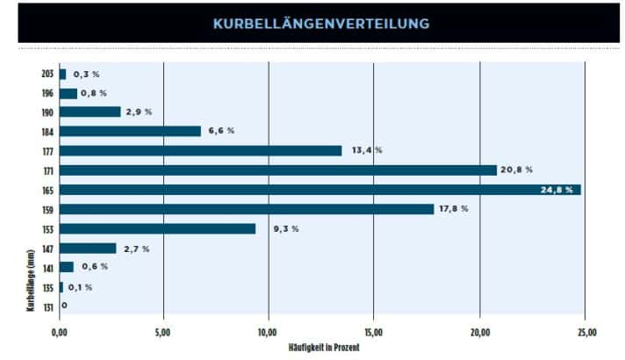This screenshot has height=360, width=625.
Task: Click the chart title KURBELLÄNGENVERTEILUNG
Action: click(x=321, y=24)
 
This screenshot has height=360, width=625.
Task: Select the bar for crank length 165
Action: click(x=320, y=190)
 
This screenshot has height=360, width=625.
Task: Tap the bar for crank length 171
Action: click(x=277, y=170)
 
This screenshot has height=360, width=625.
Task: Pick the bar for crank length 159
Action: click(x=247, y=209)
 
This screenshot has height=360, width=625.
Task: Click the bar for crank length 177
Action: click(x=200, y=150)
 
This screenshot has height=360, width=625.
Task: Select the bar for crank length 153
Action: click(x=157, y=228)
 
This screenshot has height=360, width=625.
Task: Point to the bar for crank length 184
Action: click(x=130, y=131)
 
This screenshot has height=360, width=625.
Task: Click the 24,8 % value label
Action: click(x=557, y=190)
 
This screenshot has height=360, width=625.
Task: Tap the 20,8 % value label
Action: click(x=517, y=170)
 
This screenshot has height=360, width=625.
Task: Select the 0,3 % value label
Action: click(x=86, y=74)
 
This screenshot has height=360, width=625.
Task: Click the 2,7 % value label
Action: click(x=135, y=248)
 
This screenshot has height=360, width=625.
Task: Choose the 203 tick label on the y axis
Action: click(x=47, y=74)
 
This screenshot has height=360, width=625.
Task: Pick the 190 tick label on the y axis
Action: click(x=47, y=112)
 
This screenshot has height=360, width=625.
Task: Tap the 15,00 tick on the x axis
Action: click(x=374, y=333)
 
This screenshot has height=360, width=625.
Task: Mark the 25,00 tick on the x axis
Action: click(x=585, y=333)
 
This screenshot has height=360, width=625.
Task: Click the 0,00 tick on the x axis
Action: click(x=60, y=333)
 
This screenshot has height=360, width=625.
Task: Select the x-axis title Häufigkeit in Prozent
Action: click(x=324, y=348)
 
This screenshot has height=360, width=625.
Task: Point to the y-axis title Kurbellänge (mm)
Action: click(x=31, y=281)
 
